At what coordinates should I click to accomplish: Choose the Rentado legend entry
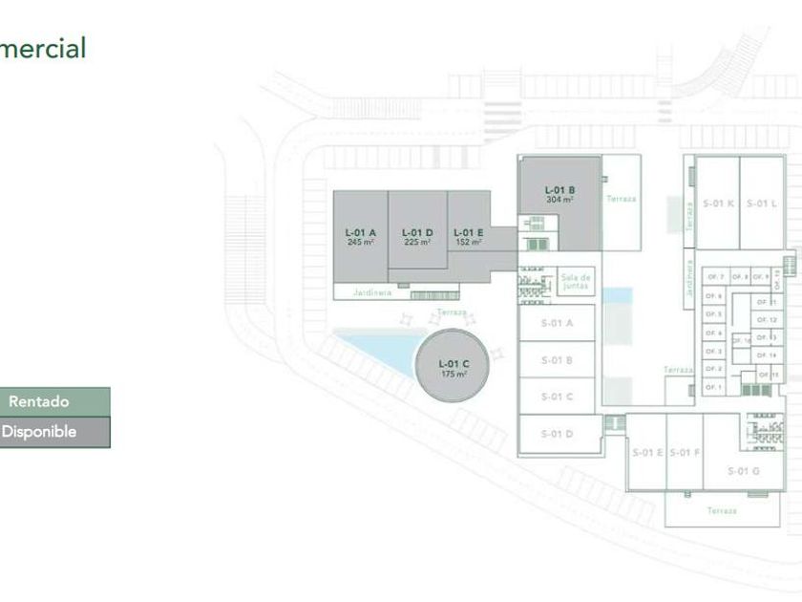(x=54, y=401)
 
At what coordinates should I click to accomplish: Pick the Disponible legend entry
(x=54, y=432)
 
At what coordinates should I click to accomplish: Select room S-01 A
(x=557, y=323)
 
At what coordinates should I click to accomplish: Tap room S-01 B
(x=557, y=360)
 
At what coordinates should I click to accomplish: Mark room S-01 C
(x=557, y=397)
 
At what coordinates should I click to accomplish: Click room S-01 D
(x=557, y=434)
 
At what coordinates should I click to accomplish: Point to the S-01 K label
(x=718, y=204)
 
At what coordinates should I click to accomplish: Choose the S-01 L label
(x=762, y=204)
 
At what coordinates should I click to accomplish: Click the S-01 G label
(x=743, y=470)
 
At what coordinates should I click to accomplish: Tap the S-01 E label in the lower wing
(x=647, y=452)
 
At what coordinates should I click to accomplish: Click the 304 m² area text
(x=559, y=200)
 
